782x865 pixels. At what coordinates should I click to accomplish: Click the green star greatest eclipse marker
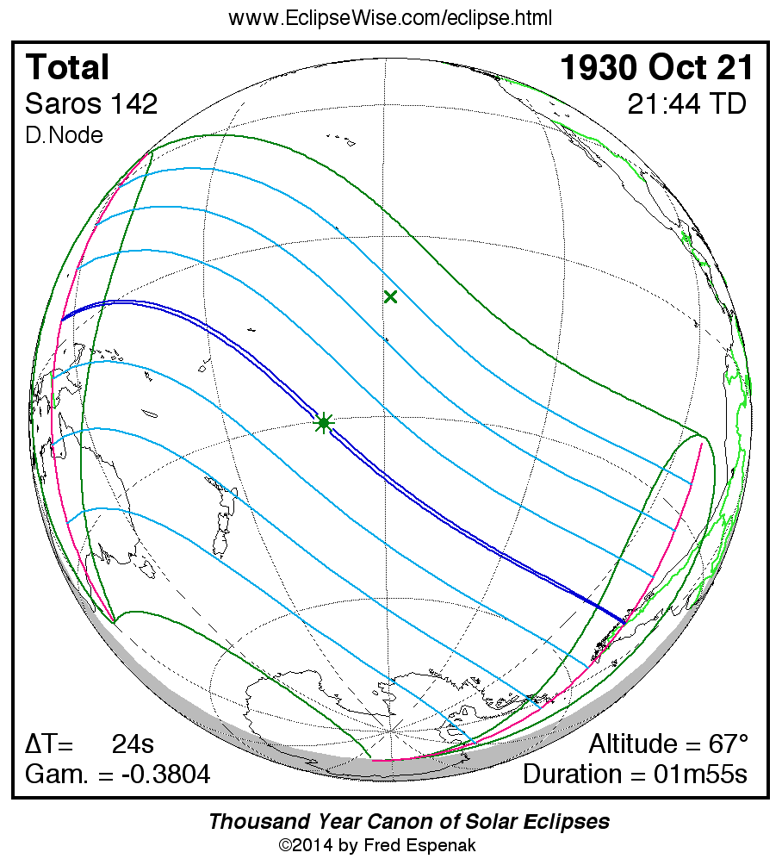click(x=324, y=422)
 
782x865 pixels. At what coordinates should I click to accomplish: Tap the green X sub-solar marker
click(x=390, y=297)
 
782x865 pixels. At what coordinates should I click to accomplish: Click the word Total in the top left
click(x=68, y=67)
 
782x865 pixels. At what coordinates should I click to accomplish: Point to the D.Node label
click(x=64, y=135)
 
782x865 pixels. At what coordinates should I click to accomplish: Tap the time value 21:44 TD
click(x=686, y=104)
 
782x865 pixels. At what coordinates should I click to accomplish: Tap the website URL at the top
click(x=390, y=18)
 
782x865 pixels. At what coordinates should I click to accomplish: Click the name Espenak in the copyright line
click(x=438, y=845)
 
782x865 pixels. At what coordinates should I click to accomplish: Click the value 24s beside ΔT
click(x=133, y=744)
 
